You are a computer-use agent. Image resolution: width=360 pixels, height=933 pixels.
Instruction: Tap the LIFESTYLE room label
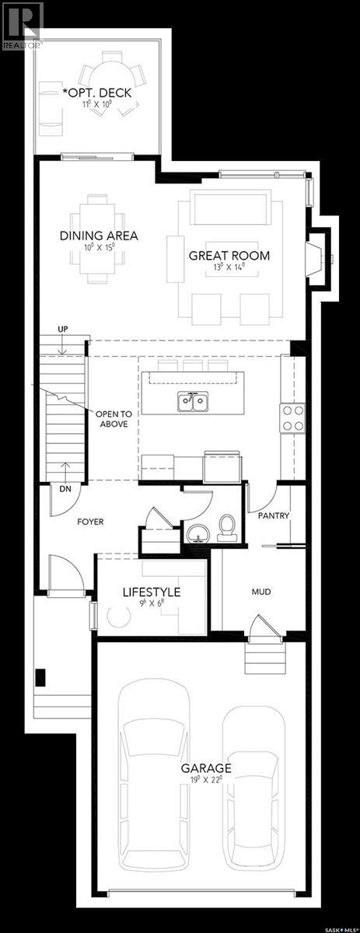pyautogui.click(x=152, y=592)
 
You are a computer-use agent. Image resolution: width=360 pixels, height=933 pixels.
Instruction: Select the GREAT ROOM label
pyautogui.click(x=229, y=255)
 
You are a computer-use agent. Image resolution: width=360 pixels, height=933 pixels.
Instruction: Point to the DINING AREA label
pyautogui.click(x=100, y=236)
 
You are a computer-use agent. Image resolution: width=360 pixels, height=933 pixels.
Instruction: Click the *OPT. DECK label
pyautogui.click(x=97, y=93)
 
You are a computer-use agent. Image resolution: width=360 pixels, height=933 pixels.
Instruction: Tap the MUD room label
pyautogui.click(x=260, y=592)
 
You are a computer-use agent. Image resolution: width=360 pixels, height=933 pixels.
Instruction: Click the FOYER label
pyautogui.click(x=90, y=522)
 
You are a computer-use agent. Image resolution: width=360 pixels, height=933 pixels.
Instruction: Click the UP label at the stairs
pyautogui.click(x=65, y=330)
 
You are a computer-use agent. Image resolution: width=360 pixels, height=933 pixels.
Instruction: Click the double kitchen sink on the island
pyautogui.click(x=192, y=402)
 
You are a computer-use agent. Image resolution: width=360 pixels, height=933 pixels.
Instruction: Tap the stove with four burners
pyautogui.click(x=292, y=418)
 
